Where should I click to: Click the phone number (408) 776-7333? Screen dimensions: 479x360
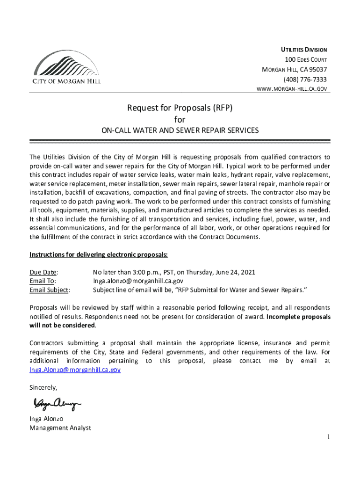click(x=305, y=79)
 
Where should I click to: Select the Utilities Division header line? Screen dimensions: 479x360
click(x=303, y=50)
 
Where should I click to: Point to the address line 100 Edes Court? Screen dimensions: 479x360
click(x=306, y=60)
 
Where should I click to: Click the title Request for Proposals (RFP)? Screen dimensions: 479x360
click(x=180, y=109)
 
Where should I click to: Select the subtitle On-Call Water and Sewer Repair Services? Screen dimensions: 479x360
click(x=180, y=131)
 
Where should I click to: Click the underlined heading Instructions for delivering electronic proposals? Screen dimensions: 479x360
click(x=98, y=254)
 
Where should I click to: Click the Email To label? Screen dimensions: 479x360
click(x=43, y=281)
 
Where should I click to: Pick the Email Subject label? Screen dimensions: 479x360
click(x=50, y=290)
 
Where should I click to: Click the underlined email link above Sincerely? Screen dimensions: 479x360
click(x=75, y=370)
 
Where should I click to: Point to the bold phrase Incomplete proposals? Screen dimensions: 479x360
click(x=298, y=317)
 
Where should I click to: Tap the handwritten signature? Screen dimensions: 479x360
click(x=57, y=403)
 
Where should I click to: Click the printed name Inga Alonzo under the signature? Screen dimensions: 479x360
click(x=46, y=419)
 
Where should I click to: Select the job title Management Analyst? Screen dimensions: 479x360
click(x=60, y=428)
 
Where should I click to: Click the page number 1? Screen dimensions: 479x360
click(x=329, y=437)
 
